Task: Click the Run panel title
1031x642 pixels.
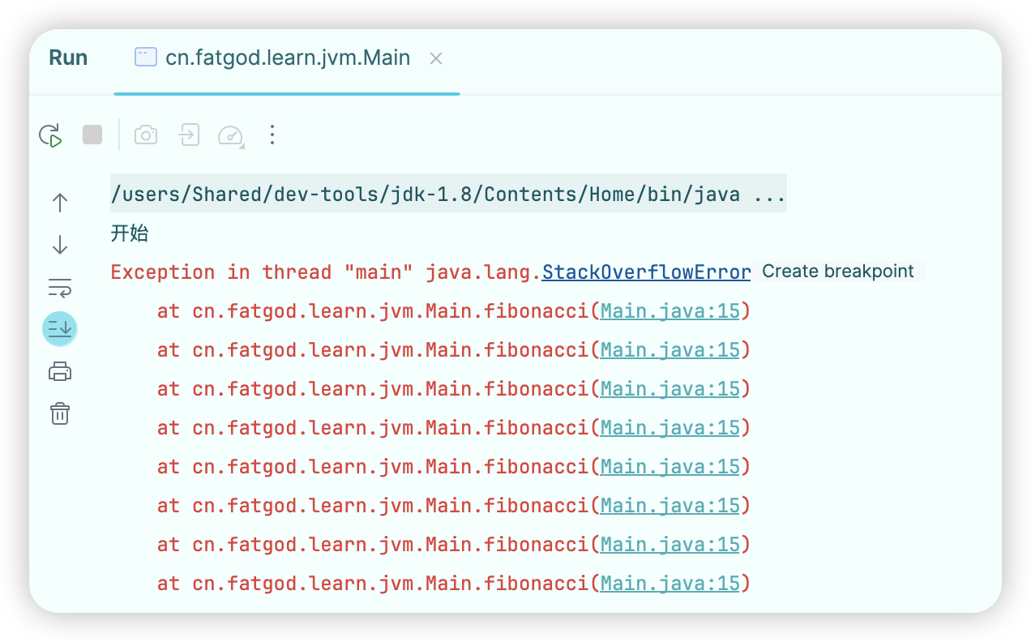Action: (x=68, y=58)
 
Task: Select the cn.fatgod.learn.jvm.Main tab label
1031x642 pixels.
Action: (x=288, y=58)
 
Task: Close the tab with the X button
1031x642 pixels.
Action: (x=436, y=58)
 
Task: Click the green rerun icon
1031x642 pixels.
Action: (x=51, y=135)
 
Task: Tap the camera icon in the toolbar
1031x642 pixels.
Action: (x=146, y=135)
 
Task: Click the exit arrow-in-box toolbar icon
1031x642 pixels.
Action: (x=189, y=135)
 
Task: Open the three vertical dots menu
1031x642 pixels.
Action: (x=272, y=135)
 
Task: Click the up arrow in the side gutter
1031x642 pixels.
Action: (x=60, y=203)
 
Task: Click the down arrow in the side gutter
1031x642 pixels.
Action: (x=60, y=245)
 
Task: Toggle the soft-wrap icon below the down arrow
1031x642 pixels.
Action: (x=60, y=287)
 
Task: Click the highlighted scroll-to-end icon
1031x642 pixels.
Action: (x=60, y=328)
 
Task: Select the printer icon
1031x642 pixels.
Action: (x=60, y=372)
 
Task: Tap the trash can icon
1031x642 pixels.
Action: (x=60, y=413)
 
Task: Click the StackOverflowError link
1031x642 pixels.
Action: (x=646, y=272)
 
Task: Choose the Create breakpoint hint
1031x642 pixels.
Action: (x=838, y=272)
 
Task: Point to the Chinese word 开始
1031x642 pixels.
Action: (x=130, y=234)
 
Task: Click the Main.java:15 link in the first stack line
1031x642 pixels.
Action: (x=670, y=311)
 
